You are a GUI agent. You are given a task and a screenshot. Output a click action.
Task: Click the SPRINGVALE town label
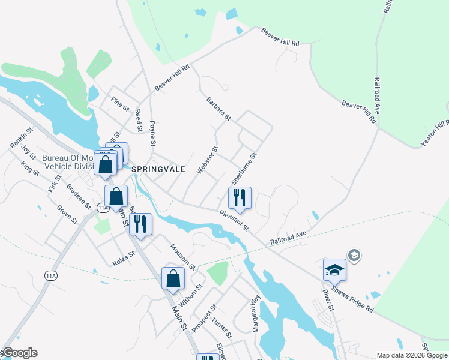click(157, 170)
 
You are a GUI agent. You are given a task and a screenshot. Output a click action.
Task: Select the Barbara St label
click(218, 108)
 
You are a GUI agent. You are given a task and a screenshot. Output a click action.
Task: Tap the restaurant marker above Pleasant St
click(240, 198)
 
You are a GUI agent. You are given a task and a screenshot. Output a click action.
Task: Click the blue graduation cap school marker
click(334, 271)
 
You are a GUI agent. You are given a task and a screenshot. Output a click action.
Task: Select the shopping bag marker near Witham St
click(173, 279)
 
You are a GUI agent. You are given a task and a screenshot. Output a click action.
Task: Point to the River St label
click(328, 300)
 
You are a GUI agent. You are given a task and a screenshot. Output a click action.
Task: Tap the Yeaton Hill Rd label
click(435, 132)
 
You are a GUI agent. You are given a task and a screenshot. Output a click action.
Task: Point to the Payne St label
click(152, 134)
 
